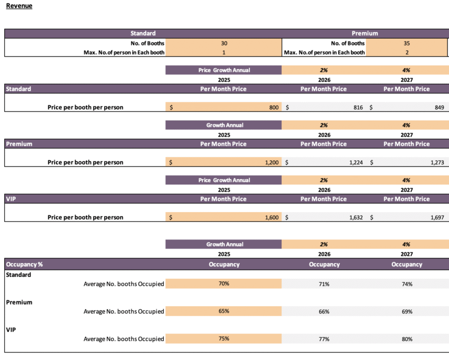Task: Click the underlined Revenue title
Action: point(19,6)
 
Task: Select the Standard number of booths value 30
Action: point(223,43)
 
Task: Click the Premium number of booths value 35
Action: point(406,43)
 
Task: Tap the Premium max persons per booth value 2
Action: point(406,52)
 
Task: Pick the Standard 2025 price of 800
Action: point(273,107)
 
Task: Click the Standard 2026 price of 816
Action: point(358,107)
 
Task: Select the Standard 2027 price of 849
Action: point(439,107)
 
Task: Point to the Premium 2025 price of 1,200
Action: point(272,162)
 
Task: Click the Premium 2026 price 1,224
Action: point(356,162)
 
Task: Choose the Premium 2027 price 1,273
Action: point(437,162)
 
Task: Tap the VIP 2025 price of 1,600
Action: point(272,217)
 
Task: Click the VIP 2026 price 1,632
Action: point(356,217)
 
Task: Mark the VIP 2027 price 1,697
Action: point(437,217)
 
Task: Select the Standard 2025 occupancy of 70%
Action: point(223,283)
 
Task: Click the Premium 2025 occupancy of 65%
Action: point(223,311)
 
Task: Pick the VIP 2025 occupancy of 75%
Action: point(223,338)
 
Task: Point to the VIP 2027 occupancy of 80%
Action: point(407,339)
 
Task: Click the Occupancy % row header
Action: point(24,264)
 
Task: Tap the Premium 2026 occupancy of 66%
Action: point(324,311)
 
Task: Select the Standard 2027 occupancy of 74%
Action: point(407,284)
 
